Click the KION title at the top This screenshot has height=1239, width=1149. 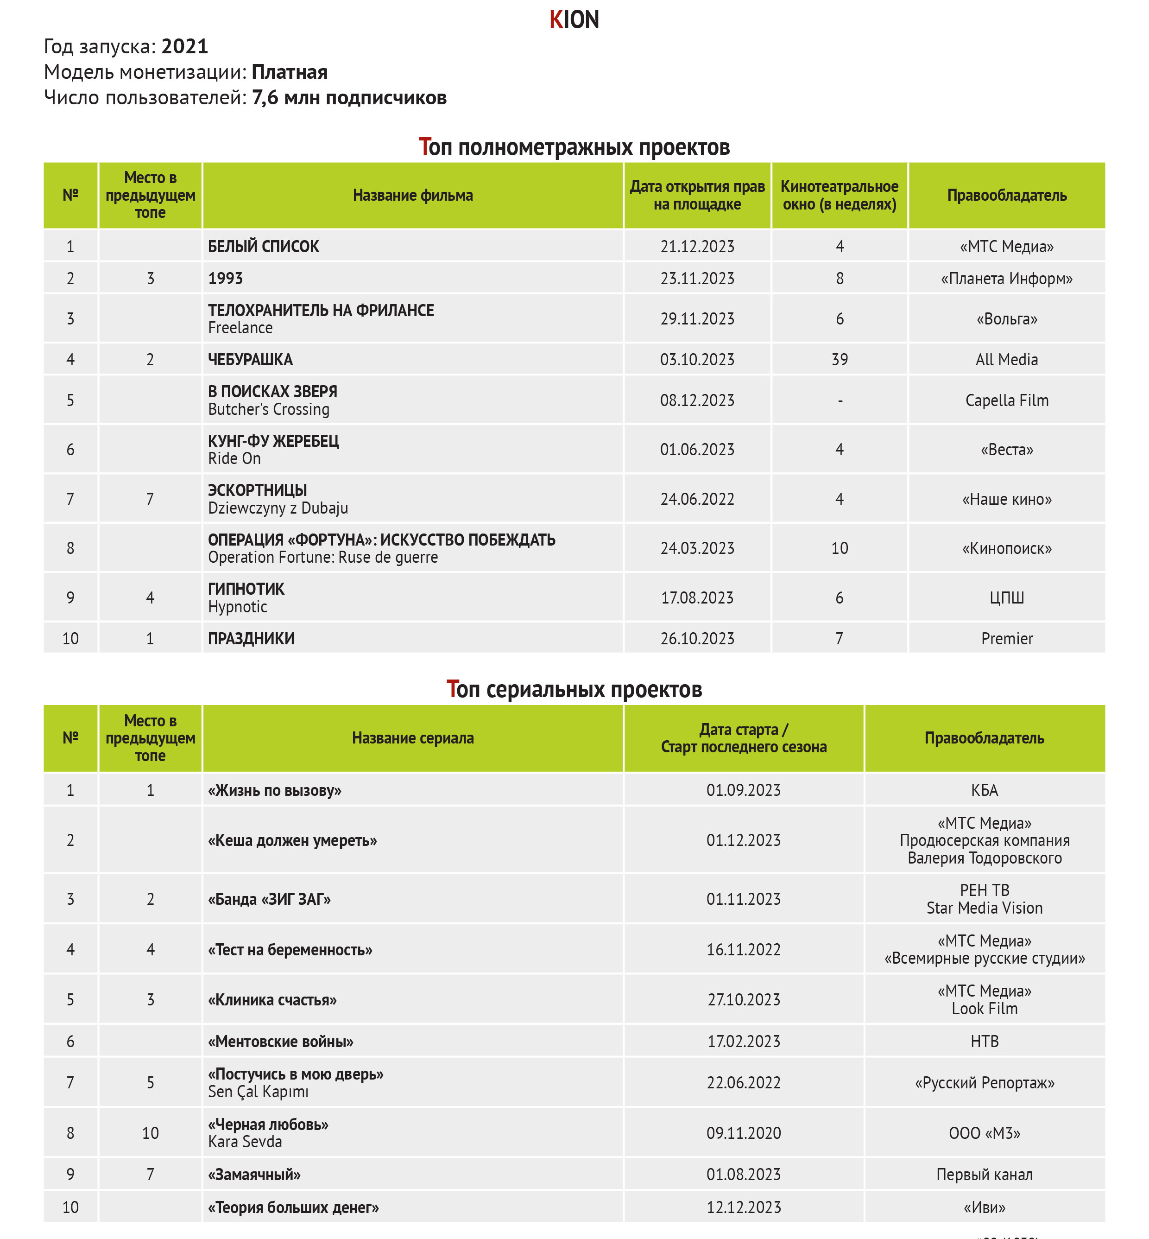click(574, 20)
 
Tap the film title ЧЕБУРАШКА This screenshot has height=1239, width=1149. click(250, 360)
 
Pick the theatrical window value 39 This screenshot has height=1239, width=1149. click(840, 360)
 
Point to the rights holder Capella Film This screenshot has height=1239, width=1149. click(1007, 400)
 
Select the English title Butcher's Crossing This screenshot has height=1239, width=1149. click(269, 409)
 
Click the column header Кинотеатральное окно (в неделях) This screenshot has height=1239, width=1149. click(840, 195)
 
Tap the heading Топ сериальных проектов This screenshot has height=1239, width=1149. click(574, 689)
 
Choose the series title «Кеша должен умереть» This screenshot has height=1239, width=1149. click(292, 840)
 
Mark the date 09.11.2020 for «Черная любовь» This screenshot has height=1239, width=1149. click(744, 1133)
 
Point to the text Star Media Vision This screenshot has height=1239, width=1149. click(984, 908)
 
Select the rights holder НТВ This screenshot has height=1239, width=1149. click(984, 1041)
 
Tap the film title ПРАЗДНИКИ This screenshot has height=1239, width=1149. click(251, 639)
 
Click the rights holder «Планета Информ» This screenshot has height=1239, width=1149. click(1007, 279)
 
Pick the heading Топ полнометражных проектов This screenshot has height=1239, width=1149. click(574, 147)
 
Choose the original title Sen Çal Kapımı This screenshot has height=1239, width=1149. click(258, 1092)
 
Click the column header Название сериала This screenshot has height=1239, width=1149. click(413, 738)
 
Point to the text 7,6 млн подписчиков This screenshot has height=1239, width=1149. click(349, 98)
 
